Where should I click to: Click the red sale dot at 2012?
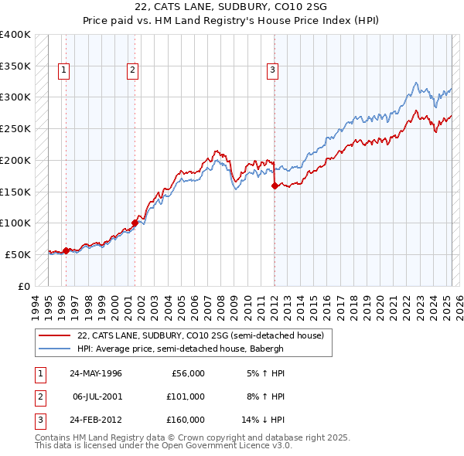click(x=275, y=185)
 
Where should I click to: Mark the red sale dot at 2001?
click(x=135, y=223)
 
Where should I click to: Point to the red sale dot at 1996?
click(x=66, y=250)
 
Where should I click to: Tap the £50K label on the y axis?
click(x=19, y=254)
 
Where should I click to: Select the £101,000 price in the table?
click(x=186, y=396)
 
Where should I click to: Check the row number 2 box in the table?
click(x=39, y=396)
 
